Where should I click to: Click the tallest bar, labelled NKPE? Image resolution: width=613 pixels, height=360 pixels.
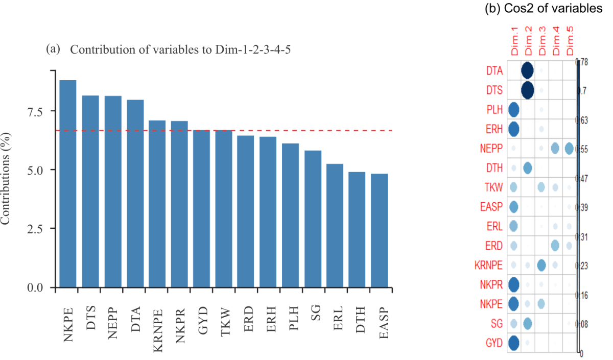(68, 184)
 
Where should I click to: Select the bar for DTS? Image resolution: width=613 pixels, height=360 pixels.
(90, 191)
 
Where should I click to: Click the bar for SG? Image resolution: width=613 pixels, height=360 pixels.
(313, 219)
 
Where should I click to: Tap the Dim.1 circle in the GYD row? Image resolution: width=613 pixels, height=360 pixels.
(513, 343)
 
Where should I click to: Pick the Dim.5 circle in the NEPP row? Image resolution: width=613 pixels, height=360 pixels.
(569, 149)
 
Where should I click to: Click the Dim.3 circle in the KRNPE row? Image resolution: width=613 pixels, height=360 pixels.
(541, 265)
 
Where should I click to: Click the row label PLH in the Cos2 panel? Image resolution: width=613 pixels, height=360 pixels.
(494, 110)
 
